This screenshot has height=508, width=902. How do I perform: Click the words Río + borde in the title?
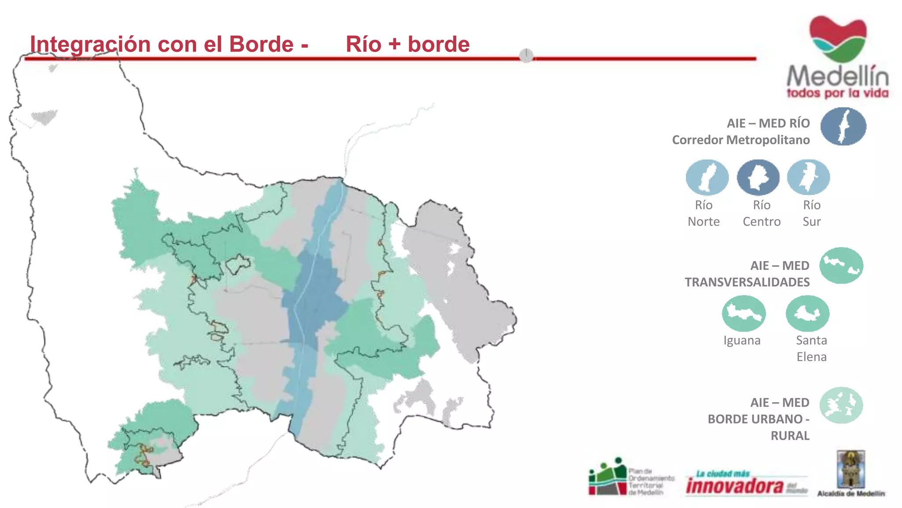click(407, 45)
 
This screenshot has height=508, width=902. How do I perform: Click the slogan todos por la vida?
click(837, 93)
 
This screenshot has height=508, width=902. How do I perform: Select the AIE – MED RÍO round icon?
click(843, 127)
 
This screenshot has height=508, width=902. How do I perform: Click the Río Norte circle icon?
click(706, 177)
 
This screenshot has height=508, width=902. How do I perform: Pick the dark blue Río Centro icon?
click(758, 177)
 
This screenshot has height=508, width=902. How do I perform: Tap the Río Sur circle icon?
click(808, 177)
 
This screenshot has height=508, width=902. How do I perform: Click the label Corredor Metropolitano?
click(741, 140)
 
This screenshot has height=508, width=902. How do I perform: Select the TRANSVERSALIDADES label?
click(747, 282)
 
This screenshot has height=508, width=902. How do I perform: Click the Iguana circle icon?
click(743, 314)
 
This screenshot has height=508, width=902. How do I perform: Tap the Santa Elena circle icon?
click(807, 314)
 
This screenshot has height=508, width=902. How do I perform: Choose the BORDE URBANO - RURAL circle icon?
click(841, 405)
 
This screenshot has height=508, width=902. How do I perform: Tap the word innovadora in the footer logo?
click(735, 486)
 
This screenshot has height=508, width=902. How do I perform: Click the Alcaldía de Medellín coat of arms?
click(851, 470)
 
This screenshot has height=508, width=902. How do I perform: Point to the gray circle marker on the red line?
click(526, 56)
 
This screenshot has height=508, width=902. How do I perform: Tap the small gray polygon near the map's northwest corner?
click(44, 117)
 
